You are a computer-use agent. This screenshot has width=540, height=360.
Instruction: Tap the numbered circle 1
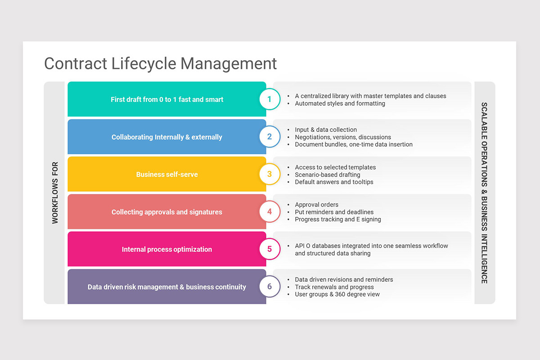(x=270, y=99)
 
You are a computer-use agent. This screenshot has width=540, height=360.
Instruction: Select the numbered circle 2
(x=270, y=137)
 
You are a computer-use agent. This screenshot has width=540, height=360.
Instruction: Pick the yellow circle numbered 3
(x=270, y=174)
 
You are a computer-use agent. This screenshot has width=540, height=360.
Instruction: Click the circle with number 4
(x=270, y=211)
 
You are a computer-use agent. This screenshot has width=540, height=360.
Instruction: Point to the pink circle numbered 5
(x=270, y=249)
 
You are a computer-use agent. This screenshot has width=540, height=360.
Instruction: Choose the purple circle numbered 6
(x=270, y=287)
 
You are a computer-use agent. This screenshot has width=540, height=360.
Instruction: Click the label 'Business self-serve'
(x=167, y=175)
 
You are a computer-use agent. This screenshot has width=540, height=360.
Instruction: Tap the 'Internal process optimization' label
(x=167, y=249)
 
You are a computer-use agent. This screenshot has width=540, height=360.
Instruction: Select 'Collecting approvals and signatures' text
(x=167, y=212)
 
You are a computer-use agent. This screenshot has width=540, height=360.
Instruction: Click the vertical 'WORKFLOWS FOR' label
(x=55, y=193)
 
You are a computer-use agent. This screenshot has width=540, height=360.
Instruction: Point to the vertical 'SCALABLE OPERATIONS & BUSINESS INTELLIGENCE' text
(x=484, y=193)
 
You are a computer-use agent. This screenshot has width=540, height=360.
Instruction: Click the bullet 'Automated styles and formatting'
(x=340, y=103)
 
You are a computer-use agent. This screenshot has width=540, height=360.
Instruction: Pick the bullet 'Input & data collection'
(x=326, y=130)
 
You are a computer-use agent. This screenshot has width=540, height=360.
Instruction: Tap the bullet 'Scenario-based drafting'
(x=328, y=175)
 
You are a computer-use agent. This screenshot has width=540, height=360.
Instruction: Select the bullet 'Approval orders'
(x=316, y=205)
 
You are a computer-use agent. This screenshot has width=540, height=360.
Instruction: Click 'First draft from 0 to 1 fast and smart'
(x=167, y=99)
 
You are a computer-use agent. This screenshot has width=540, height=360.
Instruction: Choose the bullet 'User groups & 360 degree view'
(x=337, y=294)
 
